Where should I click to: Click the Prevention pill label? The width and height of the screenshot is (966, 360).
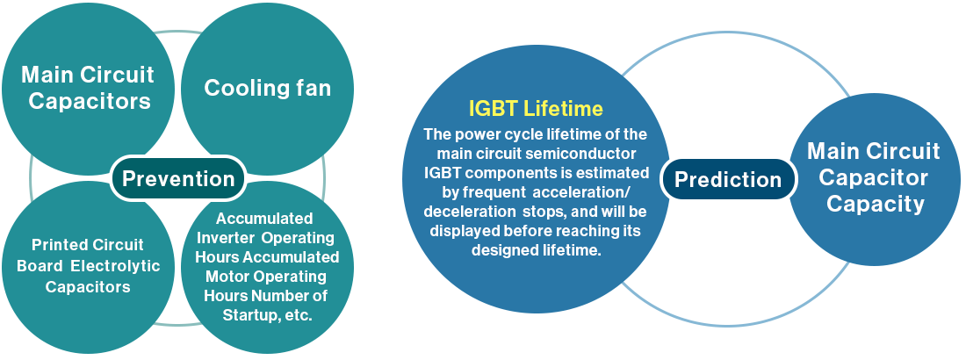tap(178, 179)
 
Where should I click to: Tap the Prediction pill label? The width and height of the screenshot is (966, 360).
tap(728, 179)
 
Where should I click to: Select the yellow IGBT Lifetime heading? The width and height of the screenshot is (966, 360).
tap(536, 109)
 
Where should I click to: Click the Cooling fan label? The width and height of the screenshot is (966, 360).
tap(267, 88)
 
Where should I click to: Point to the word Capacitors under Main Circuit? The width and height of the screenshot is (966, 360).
tap(90, 101)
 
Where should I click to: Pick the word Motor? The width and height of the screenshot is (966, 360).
tap(230, 276)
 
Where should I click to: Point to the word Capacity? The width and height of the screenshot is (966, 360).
tap(876, 204)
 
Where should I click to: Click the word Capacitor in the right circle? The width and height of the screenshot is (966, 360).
tap(873, 177)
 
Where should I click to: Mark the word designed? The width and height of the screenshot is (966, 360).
tap(501, 250)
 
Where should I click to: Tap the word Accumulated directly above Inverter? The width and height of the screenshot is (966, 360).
tap(264, 219)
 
